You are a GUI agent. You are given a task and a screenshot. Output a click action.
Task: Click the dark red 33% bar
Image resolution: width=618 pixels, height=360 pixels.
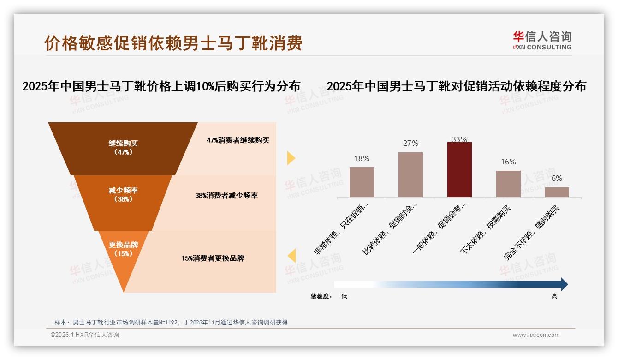(459, 169)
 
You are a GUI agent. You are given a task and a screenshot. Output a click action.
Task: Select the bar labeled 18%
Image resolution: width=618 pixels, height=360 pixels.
(362, 182)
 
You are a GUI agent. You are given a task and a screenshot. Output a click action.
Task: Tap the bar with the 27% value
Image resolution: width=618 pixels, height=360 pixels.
(410, 174)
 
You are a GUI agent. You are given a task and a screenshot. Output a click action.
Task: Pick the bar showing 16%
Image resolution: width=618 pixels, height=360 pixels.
(508, 184)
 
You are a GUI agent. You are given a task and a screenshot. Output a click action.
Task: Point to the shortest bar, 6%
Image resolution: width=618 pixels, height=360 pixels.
(557, 192)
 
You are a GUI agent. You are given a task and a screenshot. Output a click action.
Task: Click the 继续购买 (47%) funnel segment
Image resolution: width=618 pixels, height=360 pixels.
(123, 148)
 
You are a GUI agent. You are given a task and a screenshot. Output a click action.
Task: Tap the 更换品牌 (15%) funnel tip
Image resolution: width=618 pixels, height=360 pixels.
(123, 252)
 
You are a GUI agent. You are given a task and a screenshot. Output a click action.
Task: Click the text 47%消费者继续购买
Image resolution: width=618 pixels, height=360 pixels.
(238, 140)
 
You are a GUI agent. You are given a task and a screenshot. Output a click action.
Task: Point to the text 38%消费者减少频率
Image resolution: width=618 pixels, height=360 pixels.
(226, 196)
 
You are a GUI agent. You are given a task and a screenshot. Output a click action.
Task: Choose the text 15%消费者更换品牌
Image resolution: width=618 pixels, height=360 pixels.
(213, 258)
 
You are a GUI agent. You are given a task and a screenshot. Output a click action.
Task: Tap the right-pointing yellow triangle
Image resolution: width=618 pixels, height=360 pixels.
(291, 158)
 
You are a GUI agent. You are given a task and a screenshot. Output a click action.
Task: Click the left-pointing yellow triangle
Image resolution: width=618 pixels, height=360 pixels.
(291, 256)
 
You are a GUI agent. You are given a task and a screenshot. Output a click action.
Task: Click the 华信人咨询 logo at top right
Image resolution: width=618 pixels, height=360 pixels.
(542, 40)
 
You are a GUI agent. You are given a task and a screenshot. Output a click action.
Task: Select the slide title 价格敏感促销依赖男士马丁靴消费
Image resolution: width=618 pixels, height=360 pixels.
(173, 43)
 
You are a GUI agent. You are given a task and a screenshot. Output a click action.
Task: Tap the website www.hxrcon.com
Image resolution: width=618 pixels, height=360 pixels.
(536, 335)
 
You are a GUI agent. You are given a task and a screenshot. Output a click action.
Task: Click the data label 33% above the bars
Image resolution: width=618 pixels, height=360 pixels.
(459, 139)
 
